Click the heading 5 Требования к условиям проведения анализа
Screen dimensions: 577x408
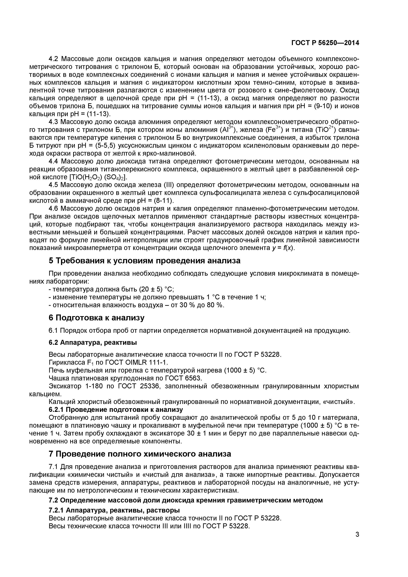click(x=144, y=261)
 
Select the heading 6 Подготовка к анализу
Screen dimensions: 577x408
click(x=97, y=318)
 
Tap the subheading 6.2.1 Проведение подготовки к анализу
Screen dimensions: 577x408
click(x=116, y=410)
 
